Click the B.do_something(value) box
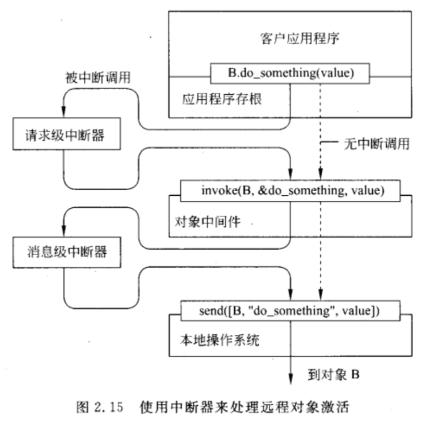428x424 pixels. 290,73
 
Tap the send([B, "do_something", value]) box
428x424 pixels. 290,311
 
